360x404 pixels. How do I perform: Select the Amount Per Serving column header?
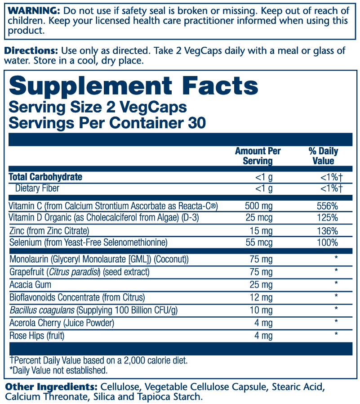[x=258, y=156]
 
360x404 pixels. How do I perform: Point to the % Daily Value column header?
[x=323, y=156]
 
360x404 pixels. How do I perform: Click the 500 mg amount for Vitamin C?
[x=258, y=206]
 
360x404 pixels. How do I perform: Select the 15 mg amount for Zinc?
[x=261, y=231]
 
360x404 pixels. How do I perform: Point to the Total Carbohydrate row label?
[x=45, y=177]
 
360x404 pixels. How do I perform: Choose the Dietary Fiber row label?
[x=37, y=188]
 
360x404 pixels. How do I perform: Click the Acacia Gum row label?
[x=30, y=284]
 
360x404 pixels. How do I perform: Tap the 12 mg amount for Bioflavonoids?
[x=261, y=297]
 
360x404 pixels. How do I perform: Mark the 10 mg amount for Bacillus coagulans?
[x=261, y=310]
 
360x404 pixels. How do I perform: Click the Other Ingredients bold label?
[x=51, y=387]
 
